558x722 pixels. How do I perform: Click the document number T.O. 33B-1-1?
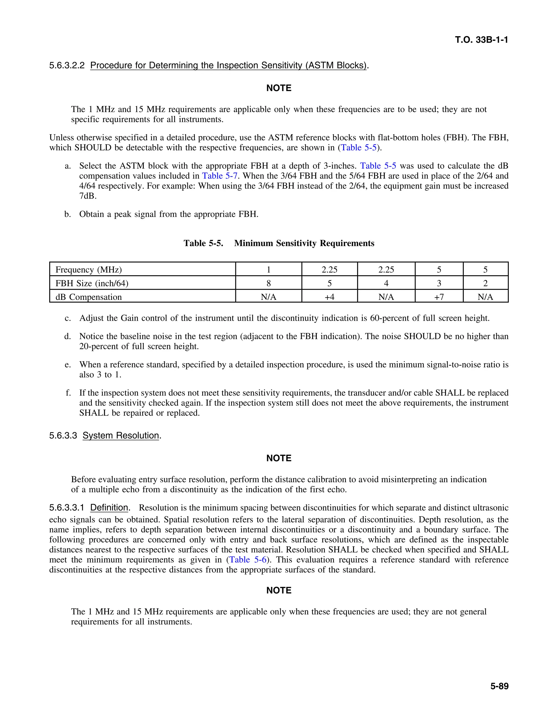[481, 40]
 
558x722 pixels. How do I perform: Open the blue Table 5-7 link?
[220, 176]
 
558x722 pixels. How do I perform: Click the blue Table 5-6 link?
[248, 560]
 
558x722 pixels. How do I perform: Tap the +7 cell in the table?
[439, 297]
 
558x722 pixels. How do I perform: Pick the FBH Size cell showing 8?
[268, 283]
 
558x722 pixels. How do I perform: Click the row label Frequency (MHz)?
[89, 270]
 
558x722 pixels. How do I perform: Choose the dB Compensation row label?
[89, 297]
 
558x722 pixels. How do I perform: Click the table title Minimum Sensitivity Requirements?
[304, 243]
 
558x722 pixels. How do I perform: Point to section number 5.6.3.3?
[63, 436]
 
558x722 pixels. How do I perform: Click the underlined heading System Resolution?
[121, 436]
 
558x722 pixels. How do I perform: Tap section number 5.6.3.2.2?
[67, 65]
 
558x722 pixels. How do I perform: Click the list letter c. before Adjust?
[68, 318]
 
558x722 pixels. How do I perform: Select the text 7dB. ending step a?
[88, 196]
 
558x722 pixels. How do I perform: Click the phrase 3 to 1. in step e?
[109, 375]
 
